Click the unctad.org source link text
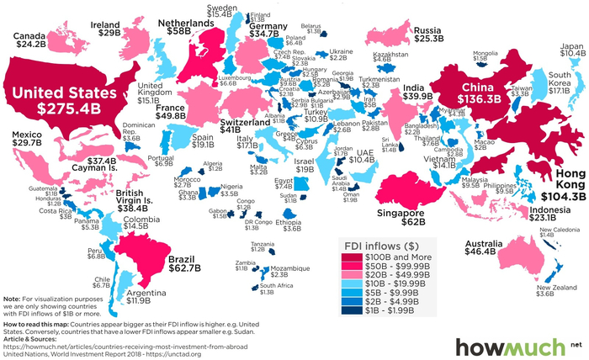[168, 355]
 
